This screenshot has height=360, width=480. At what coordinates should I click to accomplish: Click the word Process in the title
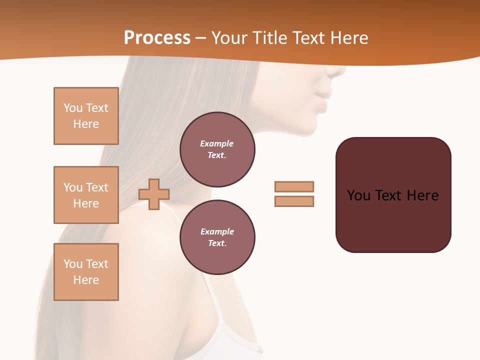pos(157,38)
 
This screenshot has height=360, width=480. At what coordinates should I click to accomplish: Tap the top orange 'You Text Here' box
pos(86,116)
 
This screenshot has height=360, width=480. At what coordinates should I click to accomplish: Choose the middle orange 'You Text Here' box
pos(86,195)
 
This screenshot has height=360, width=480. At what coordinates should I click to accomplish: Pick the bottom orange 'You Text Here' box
pos(86,272)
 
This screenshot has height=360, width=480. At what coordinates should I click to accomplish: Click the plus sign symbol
pos(154,194)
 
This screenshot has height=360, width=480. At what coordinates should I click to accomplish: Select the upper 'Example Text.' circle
pos(217,149)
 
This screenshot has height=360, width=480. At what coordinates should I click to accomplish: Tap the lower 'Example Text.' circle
pos(217,237)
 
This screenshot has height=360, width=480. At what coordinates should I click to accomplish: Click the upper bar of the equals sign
pos(294,186)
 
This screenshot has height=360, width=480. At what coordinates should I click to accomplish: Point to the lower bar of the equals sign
pos(294,201)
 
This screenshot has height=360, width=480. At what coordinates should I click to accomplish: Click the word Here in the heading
pos(349,38)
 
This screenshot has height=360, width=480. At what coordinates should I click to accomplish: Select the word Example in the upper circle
pos(216,143)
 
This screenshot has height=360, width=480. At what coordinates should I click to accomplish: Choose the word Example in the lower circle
pos(217,231)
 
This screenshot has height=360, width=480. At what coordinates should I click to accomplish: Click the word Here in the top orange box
pos(86,124)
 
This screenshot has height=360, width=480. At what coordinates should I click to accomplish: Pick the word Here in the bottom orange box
pos(86,280)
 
